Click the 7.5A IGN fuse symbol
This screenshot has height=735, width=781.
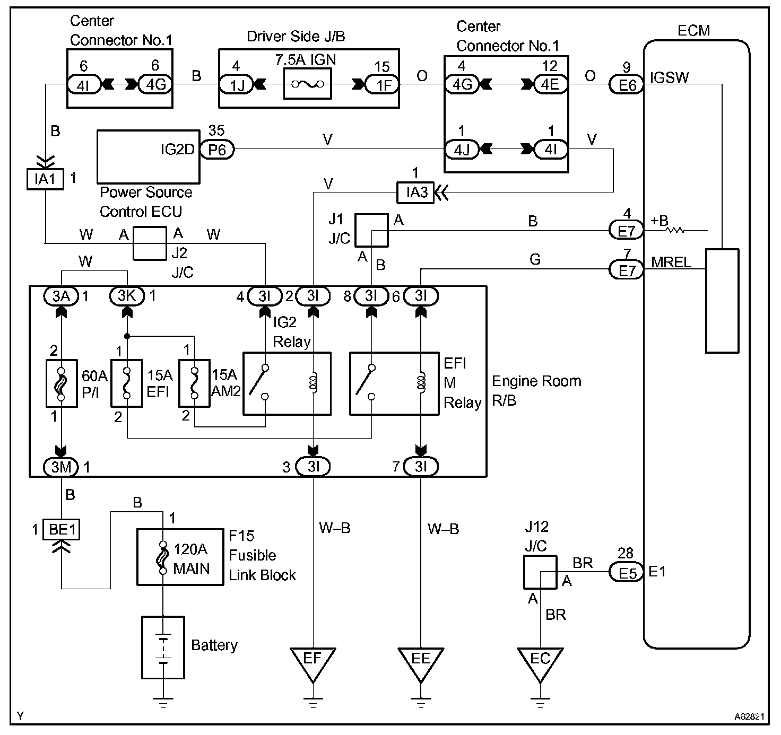[308, 84]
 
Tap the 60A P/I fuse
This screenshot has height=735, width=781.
[62, 383]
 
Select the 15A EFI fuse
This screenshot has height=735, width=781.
[126, 383]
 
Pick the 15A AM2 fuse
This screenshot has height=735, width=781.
[194, 383]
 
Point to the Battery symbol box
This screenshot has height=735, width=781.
[163, 647]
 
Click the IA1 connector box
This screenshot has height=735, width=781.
[45, 179]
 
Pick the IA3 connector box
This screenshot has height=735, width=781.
[416, 192]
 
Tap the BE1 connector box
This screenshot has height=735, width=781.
[61, 529]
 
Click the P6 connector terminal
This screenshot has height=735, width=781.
[216, 150]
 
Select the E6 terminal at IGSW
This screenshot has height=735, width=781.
[627, 84]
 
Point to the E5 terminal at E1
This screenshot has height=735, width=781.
[627, 572]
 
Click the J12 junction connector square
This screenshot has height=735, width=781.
[540, 572]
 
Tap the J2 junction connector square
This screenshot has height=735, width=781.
[149, 243]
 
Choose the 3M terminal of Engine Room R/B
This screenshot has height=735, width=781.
[61, 467]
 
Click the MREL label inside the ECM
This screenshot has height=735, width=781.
[671, 262]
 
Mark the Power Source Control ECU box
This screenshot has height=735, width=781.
[149, 157]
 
